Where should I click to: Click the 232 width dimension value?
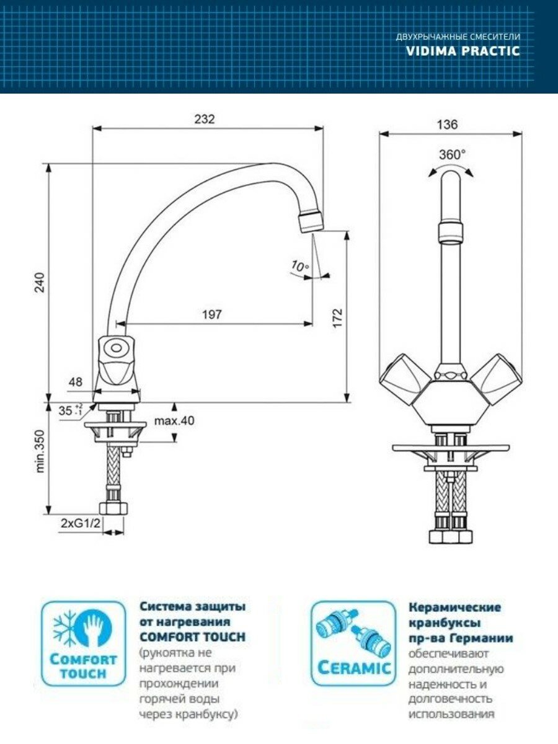tap(204, 120)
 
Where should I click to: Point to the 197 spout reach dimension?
tap(211, 314)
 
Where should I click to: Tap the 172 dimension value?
tap(338, 317)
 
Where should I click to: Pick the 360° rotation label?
tap(452, 154)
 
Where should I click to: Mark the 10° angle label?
tap(300, 267)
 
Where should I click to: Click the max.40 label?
tap(175, 421)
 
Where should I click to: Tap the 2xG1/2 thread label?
tap(81, 524)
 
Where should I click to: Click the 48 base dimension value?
tap(75, 383)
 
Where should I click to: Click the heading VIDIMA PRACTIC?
tap(463, 51)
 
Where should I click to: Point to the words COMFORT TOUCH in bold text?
tap(192, 637)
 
